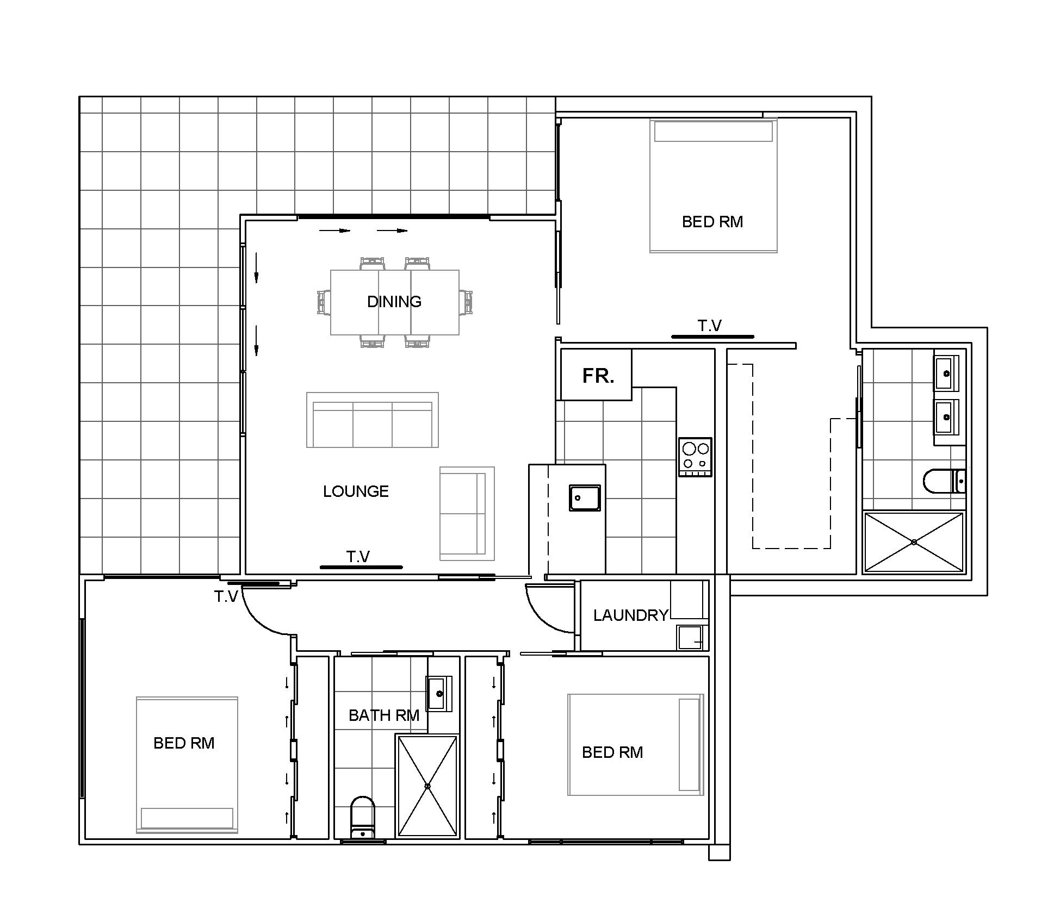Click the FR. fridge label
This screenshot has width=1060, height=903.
click(x=598, y=376)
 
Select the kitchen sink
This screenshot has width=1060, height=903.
click(x=585, y=497)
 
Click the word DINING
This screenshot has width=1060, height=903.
click(x=394, y=302)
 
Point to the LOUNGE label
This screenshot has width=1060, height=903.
click(x=356, y=491)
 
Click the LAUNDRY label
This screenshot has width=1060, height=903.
click(x=630, y=615)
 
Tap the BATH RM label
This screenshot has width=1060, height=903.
click(x=384, y=715)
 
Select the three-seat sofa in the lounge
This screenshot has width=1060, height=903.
click(x=373, y=420)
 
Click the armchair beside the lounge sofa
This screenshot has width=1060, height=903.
click(x=467, y=513)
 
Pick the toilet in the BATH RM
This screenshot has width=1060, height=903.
click(x=363, y=818)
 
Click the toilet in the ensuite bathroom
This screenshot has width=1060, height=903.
click(x=945, y=481)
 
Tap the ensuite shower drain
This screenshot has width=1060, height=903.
click(x=914, y=542)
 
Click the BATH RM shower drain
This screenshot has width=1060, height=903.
click(x=427, y=786)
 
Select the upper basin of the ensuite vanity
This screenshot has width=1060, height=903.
click(x=947, y=373)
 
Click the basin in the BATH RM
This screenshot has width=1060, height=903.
click(x=438, y=694)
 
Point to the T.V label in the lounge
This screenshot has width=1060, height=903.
click(x=358, y=557)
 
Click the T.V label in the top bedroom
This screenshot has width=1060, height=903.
click(x=710, y=326)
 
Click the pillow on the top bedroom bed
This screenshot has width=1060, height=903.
click(x=714, y=132)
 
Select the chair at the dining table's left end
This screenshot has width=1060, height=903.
click(x=324, y=302)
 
